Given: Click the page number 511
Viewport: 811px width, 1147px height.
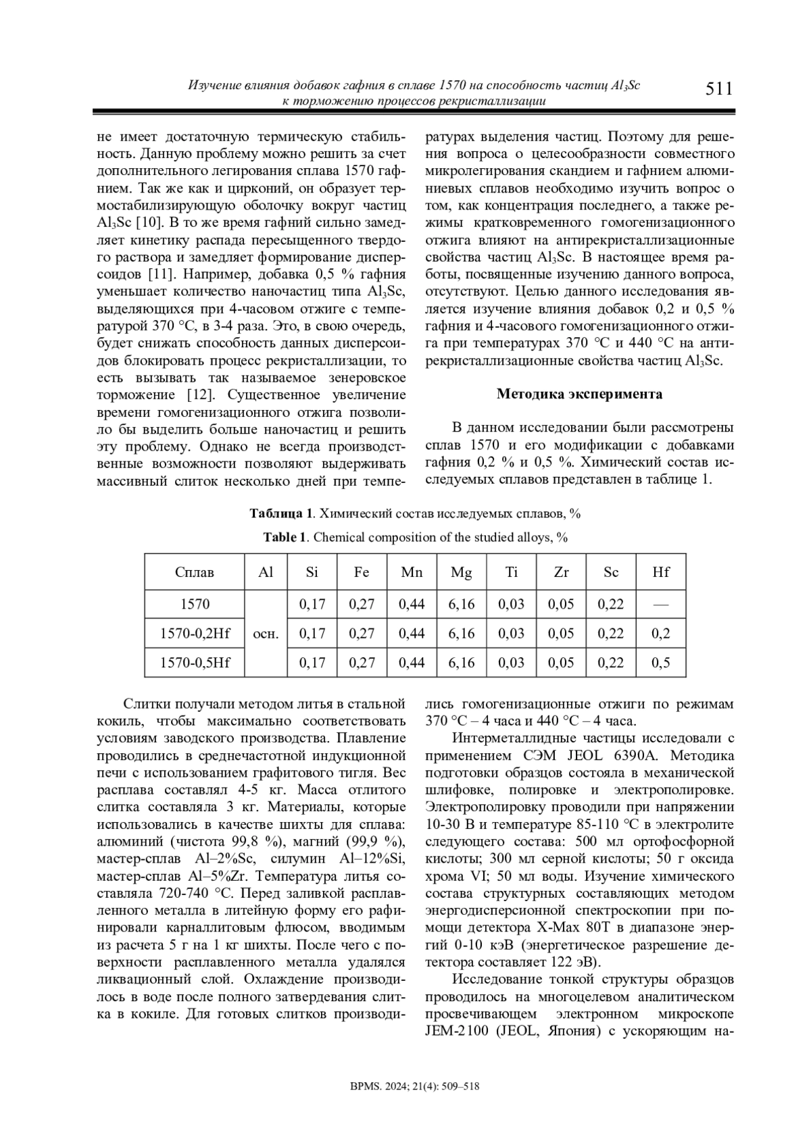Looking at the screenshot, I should coord(718,89).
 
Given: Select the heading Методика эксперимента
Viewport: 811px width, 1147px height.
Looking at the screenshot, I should coord(579,394).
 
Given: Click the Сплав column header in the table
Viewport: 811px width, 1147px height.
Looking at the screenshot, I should coord(195,572).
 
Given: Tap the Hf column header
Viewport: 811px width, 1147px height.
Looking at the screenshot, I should coord(660,572).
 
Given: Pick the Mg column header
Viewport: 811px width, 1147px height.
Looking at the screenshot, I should coord(462,572).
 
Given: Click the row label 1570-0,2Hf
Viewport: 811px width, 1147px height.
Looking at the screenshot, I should coord(195,634).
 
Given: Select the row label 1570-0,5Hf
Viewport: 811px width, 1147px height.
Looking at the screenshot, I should coord(195,663).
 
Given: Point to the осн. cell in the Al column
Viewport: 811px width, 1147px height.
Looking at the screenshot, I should coord(266,634).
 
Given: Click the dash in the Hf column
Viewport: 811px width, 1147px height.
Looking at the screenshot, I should coord(660,604).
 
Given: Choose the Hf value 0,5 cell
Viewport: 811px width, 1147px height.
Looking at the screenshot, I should coord(660,663).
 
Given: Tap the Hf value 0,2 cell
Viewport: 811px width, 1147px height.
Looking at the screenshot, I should coord(660,634).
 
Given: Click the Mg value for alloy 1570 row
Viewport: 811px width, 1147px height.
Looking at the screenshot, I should coord(462,604).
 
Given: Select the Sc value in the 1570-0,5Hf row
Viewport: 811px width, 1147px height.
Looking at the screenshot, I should coord(611,663).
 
